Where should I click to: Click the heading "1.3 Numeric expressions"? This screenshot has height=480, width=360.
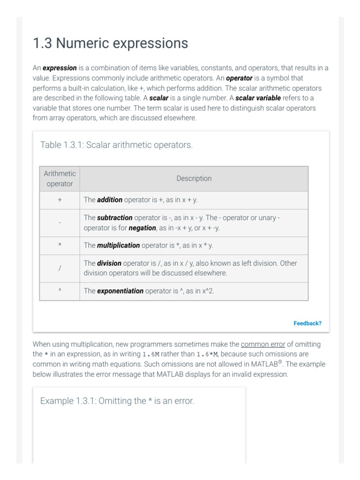tap(110, 44)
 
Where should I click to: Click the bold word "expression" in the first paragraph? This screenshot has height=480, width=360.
tap(60, 68)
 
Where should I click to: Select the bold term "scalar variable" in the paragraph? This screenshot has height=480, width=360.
tap(258, 98)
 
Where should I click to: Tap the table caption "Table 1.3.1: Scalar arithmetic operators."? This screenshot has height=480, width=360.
tap(116, 145)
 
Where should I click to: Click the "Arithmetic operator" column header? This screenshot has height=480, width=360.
tap(60, 179)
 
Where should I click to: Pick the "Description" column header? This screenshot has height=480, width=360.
tap(194, 179)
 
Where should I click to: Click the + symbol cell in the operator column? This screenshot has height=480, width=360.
tap(60, 200)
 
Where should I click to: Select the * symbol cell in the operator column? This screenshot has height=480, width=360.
tap(60, 245)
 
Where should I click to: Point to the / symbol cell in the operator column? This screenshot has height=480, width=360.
tap(60, 268)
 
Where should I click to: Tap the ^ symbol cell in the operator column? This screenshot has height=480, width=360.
tap(60, 291)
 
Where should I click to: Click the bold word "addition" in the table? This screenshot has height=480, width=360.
tap(110, 200)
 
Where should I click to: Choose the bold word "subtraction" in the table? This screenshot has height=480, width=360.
tap(114, 218)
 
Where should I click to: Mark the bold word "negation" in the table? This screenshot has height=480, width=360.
tap(142, 228)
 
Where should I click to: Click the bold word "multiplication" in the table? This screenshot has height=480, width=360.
tap(118, 245)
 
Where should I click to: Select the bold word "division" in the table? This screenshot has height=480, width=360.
tap(109, 263)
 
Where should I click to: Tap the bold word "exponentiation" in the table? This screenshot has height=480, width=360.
tap(120, 291)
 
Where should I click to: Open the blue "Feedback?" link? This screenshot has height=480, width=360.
tap(307, 323)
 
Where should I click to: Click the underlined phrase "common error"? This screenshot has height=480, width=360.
tap(262, 344)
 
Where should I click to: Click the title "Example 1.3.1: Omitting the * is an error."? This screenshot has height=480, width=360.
tap(117, 401)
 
